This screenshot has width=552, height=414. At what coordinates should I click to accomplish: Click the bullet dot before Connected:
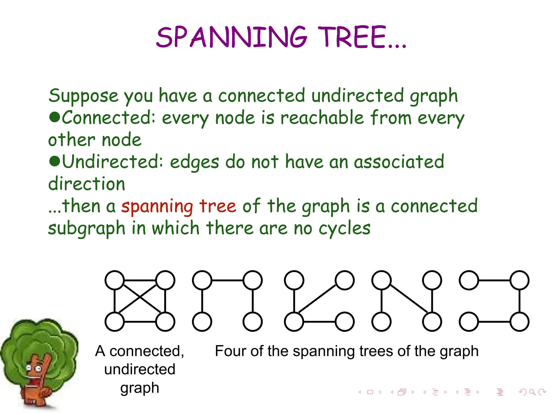click(x=54, y=117)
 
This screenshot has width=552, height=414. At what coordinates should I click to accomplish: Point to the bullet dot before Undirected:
click(x=54, y=161)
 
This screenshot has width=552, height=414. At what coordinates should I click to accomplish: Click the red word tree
click(x=218, y=206)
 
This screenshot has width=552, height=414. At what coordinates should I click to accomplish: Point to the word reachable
click(x=322, y=118)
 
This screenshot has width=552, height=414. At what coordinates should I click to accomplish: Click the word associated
click(x=399, y=162)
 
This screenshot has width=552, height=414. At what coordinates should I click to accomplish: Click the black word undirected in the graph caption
click(x=140, y=369)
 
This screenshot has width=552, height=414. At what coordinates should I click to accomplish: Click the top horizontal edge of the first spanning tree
click(x=227, y=280)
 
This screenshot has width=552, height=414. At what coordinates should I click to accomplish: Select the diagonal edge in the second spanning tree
click(x=317, y=299)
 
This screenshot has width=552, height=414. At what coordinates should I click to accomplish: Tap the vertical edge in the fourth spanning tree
click(x=519, y=301)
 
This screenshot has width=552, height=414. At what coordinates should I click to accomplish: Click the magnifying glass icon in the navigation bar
click(x=532, y=392)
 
